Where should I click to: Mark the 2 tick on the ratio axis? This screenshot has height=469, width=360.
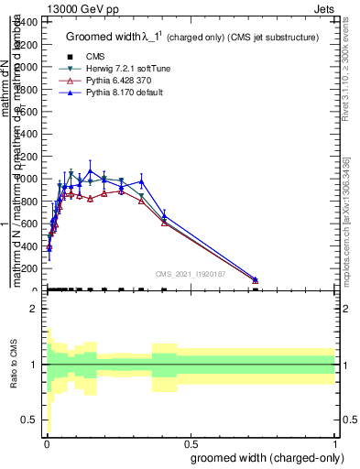tap(33, 309)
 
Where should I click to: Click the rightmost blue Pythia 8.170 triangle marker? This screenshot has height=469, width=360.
tap(256, 279)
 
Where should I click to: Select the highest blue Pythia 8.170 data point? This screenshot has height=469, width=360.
tap(90, 170)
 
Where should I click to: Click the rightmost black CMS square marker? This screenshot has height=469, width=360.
tap(256, 289)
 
